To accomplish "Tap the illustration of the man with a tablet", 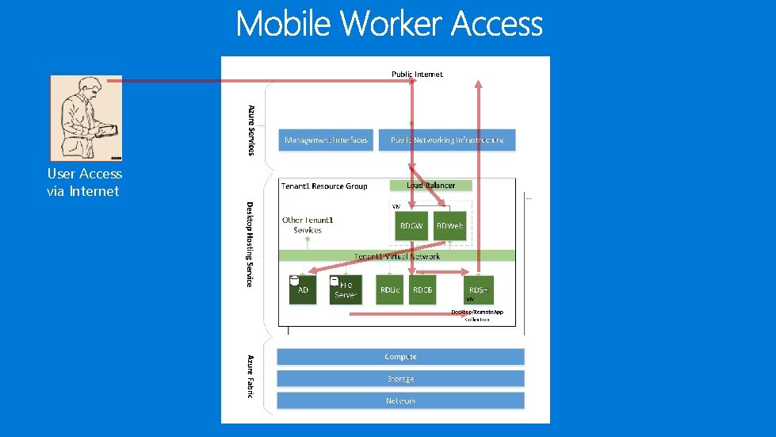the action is tap(86, 118).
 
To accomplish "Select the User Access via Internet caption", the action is tap(84, 182).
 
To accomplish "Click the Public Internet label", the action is tap(417, 74).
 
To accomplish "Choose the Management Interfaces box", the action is tap(325, 140).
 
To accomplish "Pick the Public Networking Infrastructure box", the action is tap(447, 140).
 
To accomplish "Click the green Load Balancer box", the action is tap(430, 186).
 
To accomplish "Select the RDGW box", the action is tap(411, 226).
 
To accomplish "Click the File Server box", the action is tap(346, 289).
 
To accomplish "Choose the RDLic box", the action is tap(391, 289).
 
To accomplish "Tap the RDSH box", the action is tap(478, 289).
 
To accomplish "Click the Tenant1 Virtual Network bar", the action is tap(396, 256).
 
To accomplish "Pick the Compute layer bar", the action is tap(400, 357).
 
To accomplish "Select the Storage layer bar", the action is tap(400, 379).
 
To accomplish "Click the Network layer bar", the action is tap(400, 401).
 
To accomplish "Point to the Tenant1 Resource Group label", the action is tap(324, 186).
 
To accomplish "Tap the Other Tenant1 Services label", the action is tap(307, 224).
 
